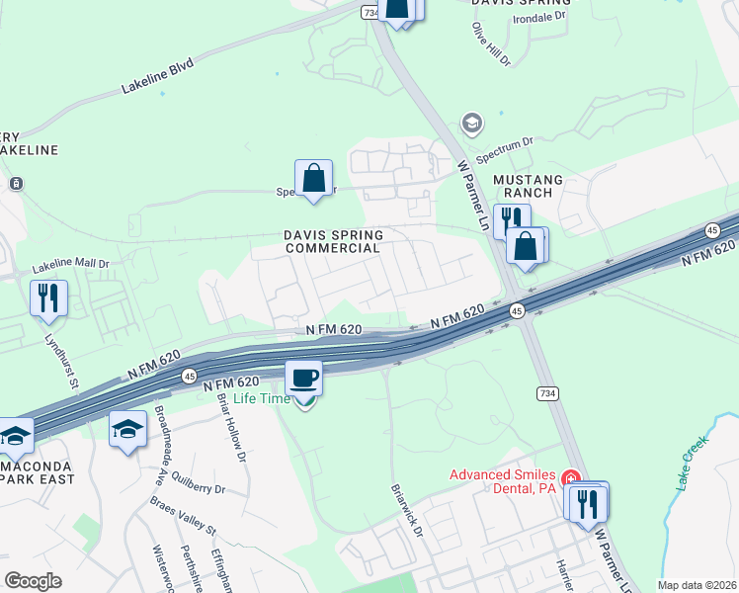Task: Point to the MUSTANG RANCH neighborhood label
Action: click(x=530, y=187)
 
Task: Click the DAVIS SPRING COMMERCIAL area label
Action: click(x=333, y=241)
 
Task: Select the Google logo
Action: click(x=33, y=581)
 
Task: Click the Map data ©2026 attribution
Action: click(x=696, y=585)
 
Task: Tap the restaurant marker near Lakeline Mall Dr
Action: click(x=48, y=296)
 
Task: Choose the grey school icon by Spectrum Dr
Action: click(x=472, y=124)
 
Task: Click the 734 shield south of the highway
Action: click(x=546, y=392)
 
